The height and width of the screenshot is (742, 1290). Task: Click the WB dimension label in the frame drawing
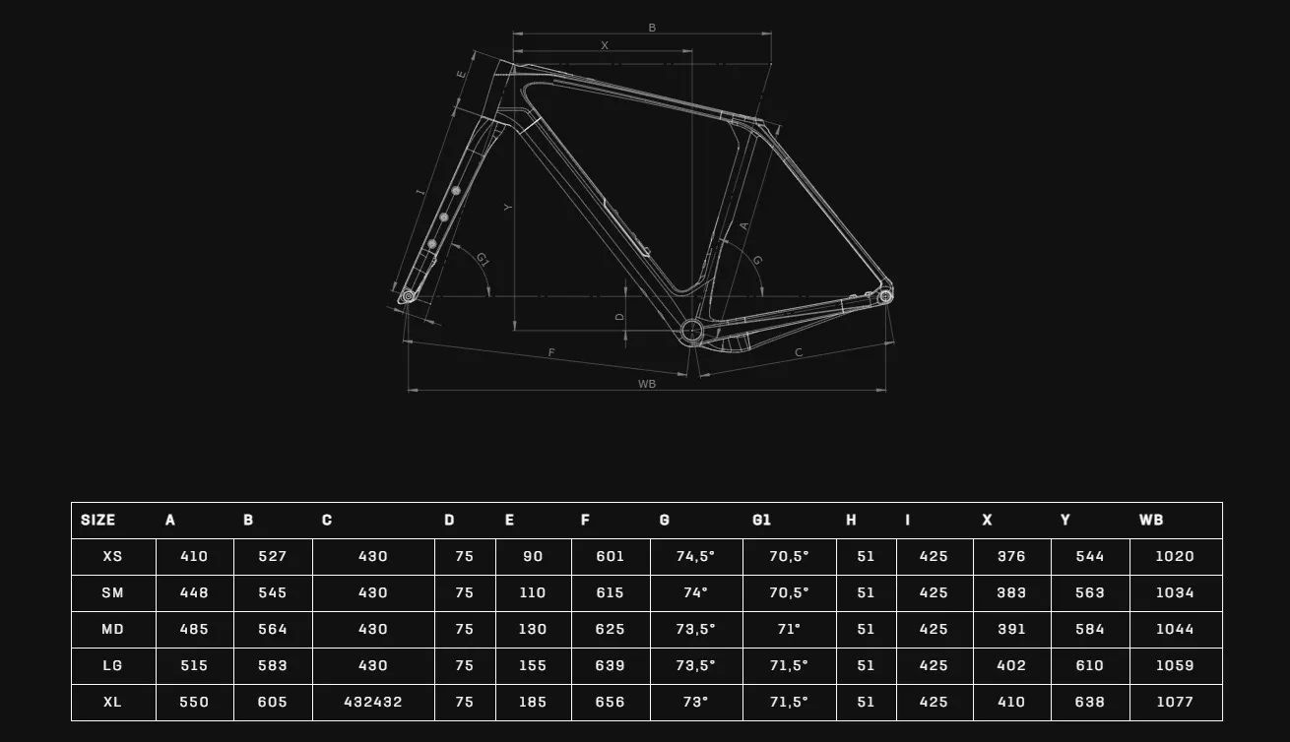[647, 384]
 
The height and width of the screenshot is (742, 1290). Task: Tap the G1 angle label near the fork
[483, 260]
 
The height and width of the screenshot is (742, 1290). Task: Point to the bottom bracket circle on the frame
[691, 331]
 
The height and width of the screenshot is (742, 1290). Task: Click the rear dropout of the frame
[885, 296]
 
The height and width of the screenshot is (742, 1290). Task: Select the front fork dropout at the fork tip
[408, 296]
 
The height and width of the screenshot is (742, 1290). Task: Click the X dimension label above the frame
[604, 45]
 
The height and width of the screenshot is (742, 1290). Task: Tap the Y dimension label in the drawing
[508, 208]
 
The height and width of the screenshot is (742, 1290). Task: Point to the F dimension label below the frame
[551, 352]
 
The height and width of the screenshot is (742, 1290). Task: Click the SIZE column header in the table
[97, 521]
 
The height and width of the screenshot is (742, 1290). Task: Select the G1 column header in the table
[761, 521]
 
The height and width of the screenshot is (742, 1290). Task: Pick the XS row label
[112, 557]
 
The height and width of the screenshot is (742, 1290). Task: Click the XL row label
[112, 703]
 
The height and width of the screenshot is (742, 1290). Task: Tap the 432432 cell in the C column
[372, 703]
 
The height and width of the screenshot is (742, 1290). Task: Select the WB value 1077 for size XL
[1175, 703]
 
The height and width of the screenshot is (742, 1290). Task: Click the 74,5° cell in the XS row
[695, 557]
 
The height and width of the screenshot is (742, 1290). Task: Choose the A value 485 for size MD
[193, 629]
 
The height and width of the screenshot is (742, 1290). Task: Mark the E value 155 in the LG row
[532, 666]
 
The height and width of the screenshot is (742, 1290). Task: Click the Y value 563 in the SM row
[1089, 592]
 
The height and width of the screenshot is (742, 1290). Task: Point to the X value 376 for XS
[1011, 557]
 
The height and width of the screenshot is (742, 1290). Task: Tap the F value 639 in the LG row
[610, 666]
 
